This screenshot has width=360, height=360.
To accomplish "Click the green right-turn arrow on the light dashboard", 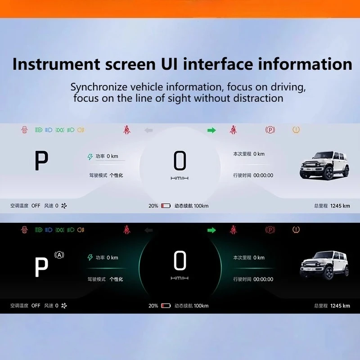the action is [211, 130].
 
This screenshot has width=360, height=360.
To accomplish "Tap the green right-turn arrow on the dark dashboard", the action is [211, 230].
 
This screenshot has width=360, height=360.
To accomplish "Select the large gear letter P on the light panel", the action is [41, 161].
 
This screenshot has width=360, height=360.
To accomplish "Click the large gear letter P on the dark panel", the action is [41, 267].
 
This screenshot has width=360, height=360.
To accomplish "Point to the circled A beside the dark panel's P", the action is [59, 255].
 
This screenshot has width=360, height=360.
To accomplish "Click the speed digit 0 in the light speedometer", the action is [180, 161].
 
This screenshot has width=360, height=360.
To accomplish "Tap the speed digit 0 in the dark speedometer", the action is [180, 261].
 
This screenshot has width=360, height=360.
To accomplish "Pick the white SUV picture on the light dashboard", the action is [324, 165].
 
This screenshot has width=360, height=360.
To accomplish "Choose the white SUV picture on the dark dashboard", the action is [324, 265].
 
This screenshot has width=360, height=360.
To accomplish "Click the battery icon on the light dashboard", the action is [166, 206].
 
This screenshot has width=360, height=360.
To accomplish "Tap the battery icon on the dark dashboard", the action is [166, 306].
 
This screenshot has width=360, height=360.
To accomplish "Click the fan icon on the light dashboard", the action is [64, 206].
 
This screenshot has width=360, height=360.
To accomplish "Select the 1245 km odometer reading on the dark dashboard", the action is [340, 306].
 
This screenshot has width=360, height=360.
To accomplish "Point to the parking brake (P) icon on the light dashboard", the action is [270, 130].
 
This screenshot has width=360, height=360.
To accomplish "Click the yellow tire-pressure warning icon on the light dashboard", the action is [296, 130].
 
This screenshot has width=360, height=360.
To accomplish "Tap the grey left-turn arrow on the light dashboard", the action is [148, 130].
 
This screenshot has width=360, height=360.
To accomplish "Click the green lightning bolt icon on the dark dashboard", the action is [90, 257].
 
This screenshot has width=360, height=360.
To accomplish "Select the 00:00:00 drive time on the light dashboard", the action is [263, 175].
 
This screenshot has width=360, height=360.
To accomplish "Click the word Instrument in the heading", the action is [56, 64].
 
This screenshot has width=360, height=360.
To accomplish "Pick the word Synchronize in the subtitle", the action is [99, 87].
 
